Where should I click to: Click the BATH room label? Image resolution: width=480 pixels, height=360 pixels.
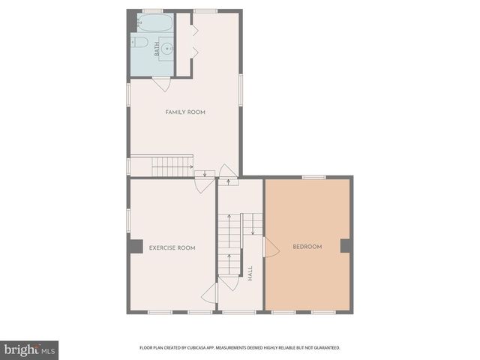pos(157,50)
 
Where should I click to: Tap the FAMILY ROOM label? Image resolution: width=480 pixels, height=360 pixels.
pos(185,112)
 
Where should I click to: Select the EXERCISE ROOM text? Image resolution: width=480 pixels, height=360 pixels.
pos(172,247)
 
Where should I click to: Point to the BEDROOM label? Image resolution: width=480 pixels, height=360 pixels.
pos(307,247)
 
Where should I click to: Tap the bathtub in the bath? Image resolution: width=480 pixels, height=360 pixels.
pos(159,23)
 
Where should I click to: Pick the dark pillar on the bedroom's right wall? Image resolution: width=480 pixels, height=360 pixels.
pos(346,245)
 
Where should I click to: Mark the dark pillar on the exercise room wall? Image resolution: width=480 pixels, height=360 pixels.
pos(135,246)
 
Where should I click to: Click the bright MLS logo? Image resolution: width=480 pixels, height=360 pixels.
pos(29,349)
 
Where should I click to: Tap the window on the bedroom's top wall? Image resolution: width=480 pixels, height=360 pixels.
pos(314,177)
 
